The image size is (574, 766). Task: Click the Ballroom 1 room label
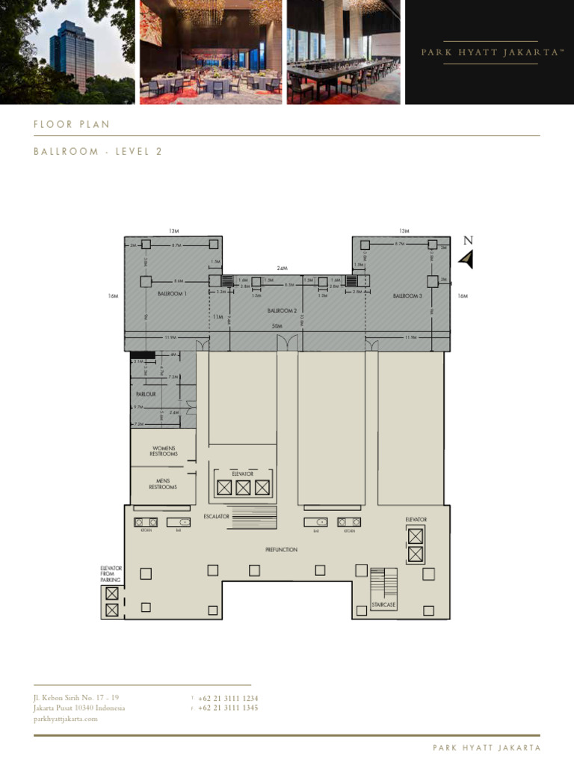click(171, 295)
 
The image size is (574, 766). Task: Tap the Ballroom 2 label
click(283, 310)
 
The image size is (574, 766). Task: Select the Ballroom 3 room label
click(407, 296)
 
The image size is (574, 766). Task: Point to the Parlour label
click(146, 393)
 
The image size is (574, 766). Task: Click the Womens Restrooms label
click(164, 451)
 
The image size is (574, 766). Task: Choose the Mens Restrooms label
click(164, 484)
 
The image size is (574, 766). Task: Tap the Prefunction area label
click(281, 550)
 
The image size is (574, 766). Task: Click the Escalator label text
click(216, 517)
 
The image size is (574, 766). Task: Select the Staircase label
click(383, 604)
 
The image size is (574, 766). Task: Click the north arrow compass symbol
click(467, 259)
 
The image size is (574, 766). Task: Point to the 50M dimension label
click(277, 327)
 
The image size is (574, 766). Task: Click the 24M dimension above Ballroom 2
click(282, 268)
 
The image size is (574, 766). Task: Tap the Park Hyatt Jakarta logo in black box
click(490, 52)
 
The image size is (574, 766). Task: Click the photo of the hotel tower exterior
click(67, 52)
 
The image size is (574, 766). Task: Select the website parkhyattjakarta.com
click(66, 719)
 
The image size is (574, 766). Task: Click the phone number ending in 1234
click(228, 699)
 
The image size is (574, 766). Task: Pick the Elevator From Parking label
click(111, 574)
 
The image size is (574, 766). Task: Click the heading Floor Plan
click(72, 124)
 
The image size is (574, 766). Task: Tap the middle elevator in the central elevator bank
click(242, 488)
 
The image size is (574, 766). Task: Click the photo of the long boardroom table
click(344, 52)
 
